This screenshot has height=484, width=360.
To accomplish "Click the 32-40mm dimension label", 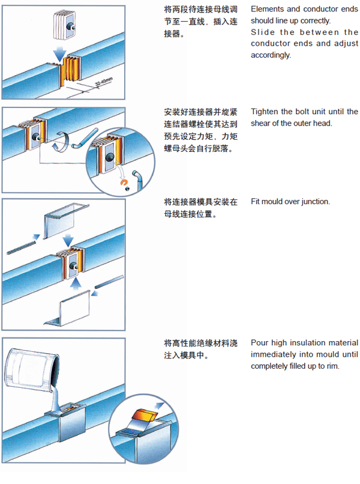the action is pyautogui.click(x=104, y=82).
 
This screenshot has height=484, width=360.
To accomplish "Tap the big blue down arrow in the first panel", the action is pyautogui.click(x=60, y=53).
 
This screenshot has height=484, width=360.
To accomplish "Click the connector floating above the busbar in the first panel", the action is pyautogui.click(x=64, y=25).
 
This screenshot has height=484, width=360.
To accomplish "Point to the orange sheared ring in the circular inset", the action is pyautogui.click(x=124, y=183).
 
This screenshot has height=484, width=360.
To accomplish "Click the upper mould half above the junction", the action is pyautogui.click(x=65, y=220).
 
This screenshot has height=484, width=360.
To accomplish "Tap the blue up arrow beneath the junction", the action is pyautogui.click(x=76, y=283).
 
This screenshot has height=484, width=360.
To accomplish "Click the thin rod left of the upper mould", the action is pyautogui.click(x=21, y=248).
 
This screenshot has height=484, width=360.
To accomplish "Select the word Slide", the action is pyautogui.click(x=263, y=32).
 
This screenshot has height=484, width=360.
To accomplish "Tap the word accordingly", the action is pyautogui.click(x=271, y=55).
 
